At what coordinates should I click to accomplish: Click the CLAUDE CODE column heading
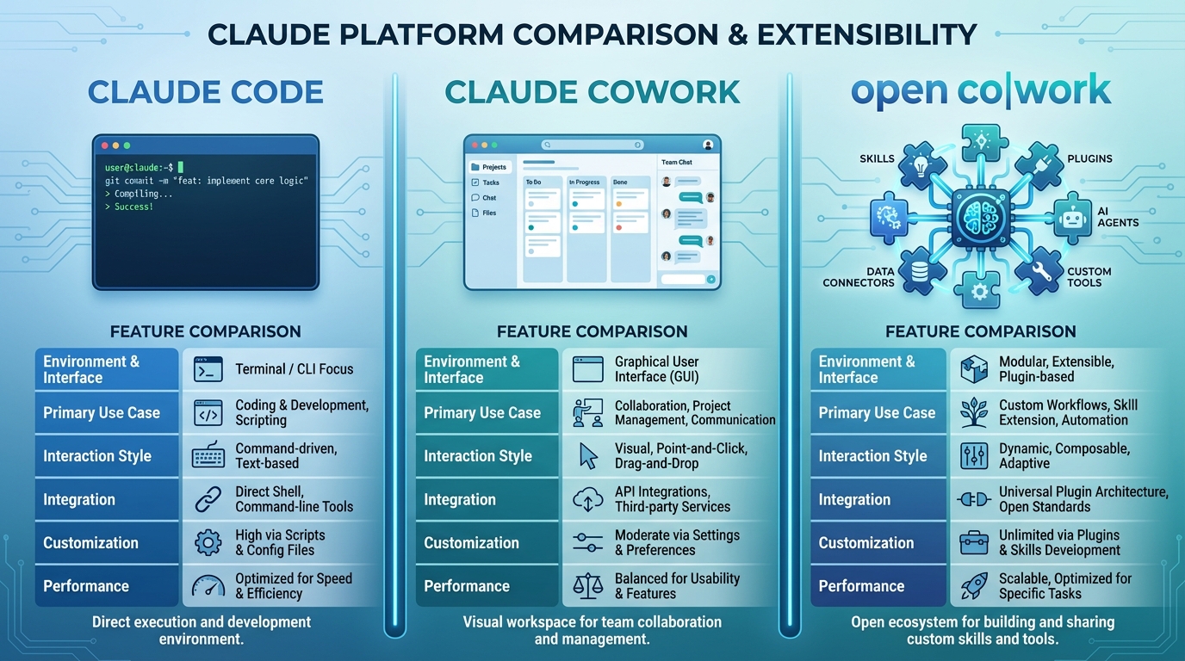tap(206, 92)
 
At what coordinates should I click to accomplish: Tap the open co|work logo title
tap(981, 90)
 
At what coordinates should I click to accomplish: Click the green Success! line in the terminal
tap(133, 207)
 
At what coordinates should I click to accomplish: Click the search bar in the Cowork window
tap(592, 145)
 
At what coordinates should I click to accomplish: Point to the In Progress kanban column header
tap(585, 182)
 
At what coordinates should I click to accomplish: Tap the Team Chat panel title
tap(677, 162)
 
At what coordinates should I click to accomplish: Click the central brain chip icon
tap(981, 216)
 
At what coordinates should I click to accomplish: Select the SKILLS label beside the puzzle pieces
tap(877, 159)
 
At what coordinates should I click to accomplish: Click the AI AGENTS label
tap(1118, 216)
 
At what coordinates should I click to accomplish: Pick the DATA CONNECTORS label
tap(859, 277)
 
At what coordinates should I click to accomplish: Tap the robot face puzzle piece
tap(1071, 219)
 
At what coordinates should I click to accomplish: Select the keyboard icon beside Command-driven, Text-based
tap(208, 455)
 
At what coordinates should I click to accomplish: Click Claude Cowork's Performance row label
tap(467, 586)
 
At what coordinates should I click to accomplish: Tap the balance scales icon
tap(587, 586)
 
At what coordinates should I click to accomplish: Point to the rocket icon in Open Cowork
tap(974, 586)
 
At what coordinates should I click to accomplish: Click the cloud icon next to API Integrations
tap(587, 499)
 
